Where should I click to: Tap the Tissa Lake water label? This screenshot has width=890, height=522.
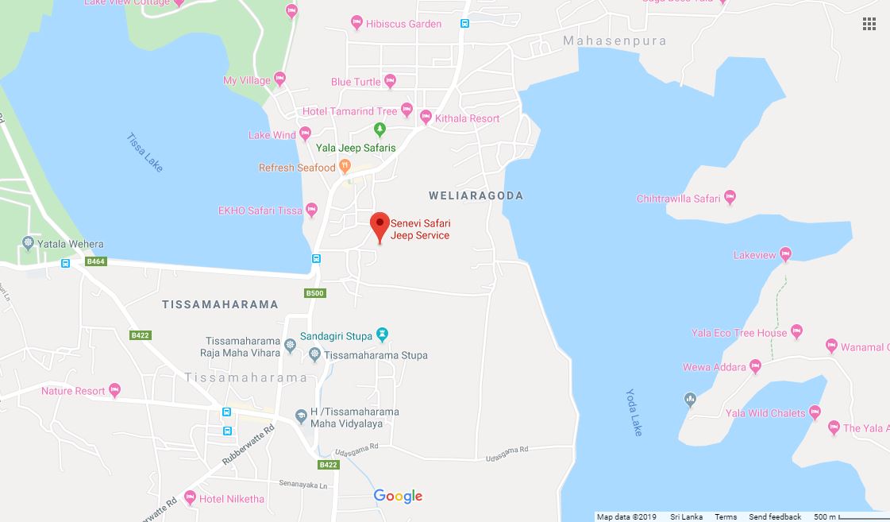click(144, 153)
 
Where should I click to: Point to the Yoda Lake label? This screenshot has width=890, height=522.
click(634, 412)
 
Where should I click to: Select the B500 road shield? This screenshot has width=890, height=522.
click(315, 293)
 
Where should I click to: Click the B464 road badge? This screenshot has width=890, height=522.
click(95, 261)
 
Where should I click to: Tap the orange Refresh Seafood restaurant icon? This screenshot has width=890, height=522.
click(345, 167)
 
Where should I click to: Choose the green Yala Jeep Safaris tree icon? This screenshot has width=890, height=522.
click(380, 130)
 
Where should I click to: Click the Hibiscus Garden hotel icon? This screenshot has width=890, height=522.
click(356, 24)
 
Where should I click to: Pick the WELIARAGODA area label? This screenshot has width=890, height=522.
click(476, 195)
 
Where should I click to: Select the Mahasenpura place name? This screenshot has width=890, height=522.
click(615, 41)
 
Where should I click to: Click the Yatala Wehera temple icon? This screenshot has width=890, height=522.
click(29, 243)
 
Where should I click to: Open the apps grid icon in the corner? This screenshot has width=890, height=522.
click(869, 24)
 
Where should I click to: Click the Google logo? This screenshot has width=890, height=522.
click(398, 497)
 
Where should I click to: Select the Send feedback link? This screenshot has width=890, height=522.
click(775, 517)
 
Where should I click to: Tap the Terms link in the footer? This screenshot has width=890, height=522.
click(726, 517)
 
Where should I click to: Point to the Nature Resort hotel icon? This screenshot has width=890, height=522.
click(115, 390)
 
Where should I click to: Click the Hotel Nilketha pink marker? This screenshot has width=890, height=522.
click(190, 498)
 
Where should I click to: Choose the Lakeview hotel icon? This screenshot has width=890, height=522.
click(785, 255)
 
